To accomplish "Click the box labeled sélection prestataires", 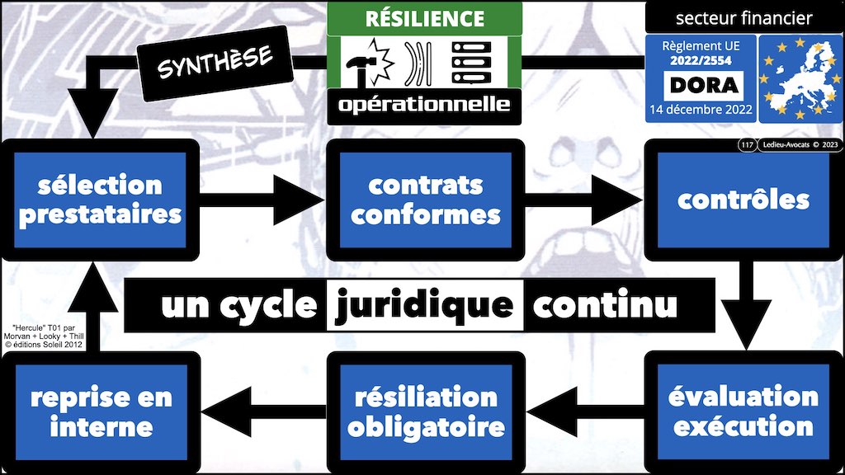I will point(100,199).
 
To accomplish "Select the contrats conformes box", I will point(425,199).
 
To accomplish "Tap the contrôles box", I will point(744,199).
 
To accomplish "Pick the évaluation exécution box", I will point(744,412).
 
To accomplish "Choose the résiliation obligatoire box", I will point(425,412).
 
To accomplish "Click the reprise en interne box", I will point(100,412).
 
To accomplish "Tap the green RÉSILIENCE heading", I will point(425,18).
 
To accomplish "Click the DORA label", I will point(698,84).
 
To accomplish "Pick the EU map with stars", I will point(797,79).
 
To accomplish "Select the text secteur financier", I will point(744,17).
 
